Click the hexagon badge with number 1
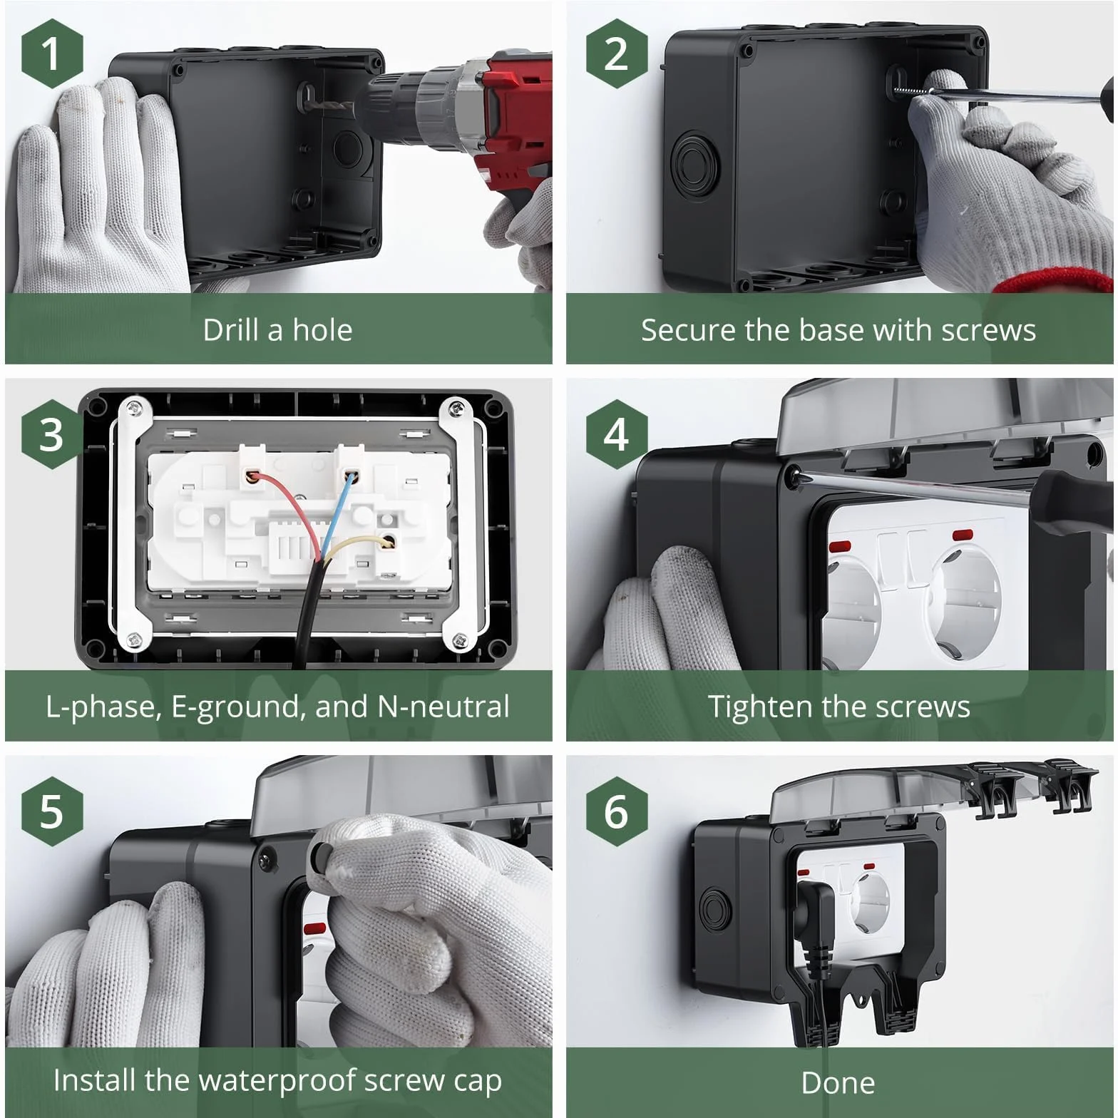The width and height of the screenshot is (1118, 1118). [51, 54]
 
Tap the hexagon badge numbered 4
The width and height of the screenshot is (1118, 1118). [617, 434]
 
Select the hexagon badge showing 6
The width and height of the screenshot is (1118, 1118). [617, 811]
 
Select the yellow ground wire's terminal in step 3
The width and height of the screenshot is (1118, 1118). [388, 543]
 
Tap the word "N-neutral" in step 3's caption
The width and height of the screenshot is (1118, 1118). [443, 707]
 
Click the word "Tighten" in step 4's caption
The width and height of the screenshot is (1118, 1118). [759, 707]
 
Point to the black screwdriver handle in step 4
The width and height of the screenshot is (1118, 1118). [1074, 502]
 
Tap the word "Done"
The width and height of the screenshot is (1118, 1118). [838, 1083]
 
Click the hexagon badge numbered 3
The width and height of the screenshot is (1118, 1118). [51, 434]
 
